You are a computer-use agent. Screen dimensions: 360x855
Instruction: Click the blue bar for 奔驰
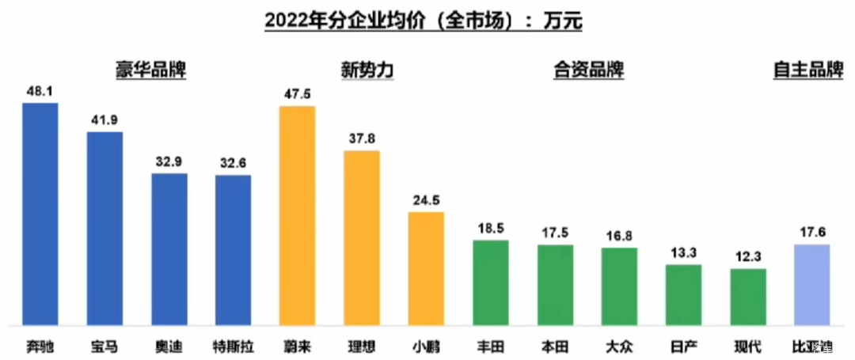(40, 214)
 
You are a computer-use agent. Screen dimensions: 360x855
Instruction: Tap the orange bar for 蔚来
(298, 215)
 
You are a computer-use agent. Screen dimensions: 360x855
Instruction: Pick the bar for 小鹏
(426, 268)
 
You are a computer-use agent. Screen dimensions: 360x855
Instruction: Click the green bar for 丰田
(491, 282)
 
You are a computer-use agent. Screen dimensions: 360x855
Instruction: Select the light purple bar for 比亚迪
(811, 284)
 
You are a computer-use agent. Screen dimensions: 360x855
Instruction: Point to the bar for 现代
(748, 297)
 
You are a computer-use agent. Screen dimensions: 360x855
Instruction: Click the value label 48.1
(39, 92)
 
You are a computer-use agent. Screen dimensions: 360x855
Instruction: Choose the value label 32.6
(233, 163)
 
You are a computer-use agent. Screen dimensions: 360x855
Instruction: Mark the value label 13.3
(683, 253)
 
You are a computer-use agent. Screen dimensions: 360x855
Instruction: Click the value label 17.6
(811, 233)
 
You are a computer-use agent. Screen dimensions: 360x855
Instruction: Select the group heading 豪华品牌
(150, 70)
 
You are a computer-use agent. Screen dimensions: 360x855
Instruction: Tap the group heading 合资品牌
(587, 70)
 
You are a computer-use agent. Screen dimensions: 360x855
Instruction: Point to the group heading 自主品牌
(807, 70)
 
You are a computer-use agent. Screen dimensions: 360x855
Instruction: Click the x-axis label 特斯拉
(233, 347)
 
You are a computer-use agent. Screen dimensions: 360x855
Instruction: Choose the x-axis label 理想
(361, 347)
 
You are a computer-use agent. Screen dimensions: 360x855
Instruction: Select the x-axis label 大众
(619, 347)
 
